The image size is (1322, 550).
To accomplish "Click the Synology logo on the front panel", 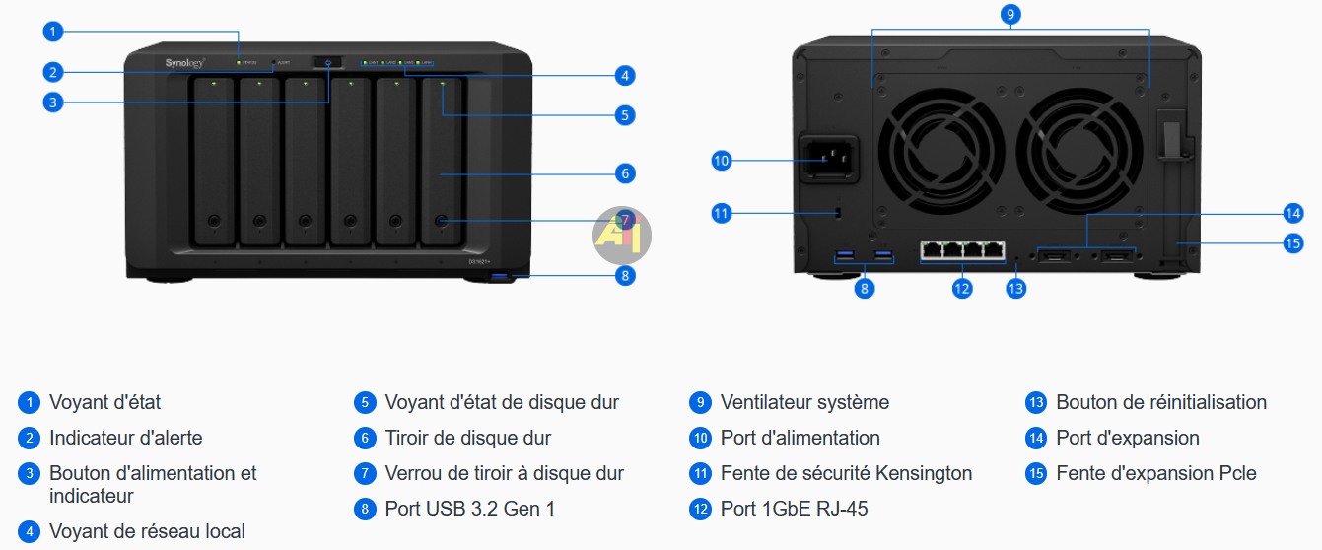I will tap(184, 64).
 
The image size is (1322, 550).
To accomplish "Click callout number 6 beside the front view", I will tap(624, 173).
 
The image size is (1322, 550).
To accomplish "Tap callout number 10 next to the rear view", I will tap(722, 160).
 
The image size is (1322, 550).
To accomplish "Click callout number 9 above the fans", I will tap(1009, 14).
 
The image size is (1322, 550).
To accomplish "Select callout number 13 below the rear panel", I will tap(1015, 288).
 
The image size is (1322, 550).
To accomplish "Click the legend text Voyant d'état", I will tap(104, 402).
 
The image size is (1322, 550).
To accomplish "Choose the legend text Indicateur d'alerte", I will tap(125, 438).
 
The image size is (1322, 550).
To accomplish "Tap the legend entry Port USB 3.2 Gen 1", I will tap(470, 509).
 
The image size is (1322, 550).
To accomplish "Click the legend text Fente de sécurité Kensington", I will tap(846, 473).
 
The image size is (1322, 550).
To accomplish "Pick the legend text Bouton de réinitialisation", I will tap(1160, 402).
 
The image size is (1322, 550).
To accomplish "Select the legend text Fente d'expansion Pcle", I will tap(1155, 473).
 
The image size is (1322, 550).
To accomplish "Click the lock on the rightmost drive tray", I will tap(441, 221).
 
